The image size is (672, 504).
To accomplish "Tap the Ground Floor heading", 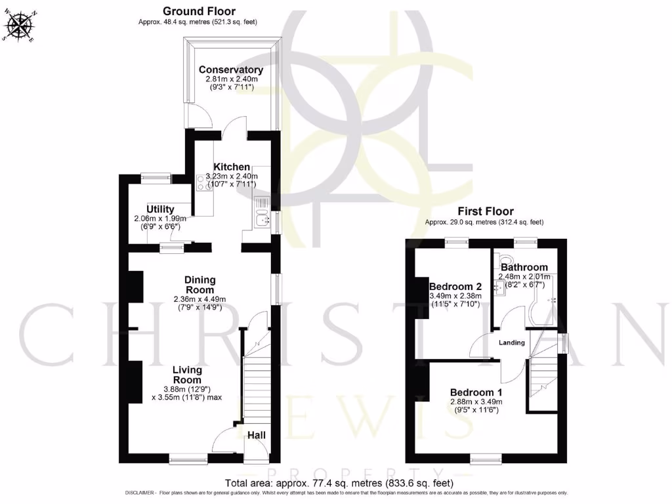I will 199,11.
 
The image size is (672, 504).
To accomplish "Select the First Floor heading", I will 486,211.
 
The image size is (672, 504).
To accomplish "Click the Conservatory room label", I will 231,70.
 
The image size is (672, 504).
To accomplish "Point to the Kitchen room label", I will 232,167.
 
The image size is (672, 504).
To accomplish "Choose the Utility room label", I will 161,209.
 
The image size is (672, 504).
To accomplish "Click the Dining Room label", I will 199,285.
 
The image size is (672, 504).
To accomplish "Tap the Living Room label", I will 187,375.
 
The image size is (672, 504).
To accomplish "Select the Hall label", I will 256,434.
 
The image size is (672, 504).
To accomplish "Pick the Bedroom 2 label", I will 455,287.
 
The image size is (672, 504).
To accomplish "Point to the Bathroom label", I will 524,267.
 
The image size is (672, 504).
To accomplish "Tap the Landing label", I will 512,343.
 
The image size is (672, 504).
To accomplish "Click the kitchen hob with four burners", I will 201,181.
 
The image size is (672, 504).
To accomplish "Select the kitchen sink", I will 261,220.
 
